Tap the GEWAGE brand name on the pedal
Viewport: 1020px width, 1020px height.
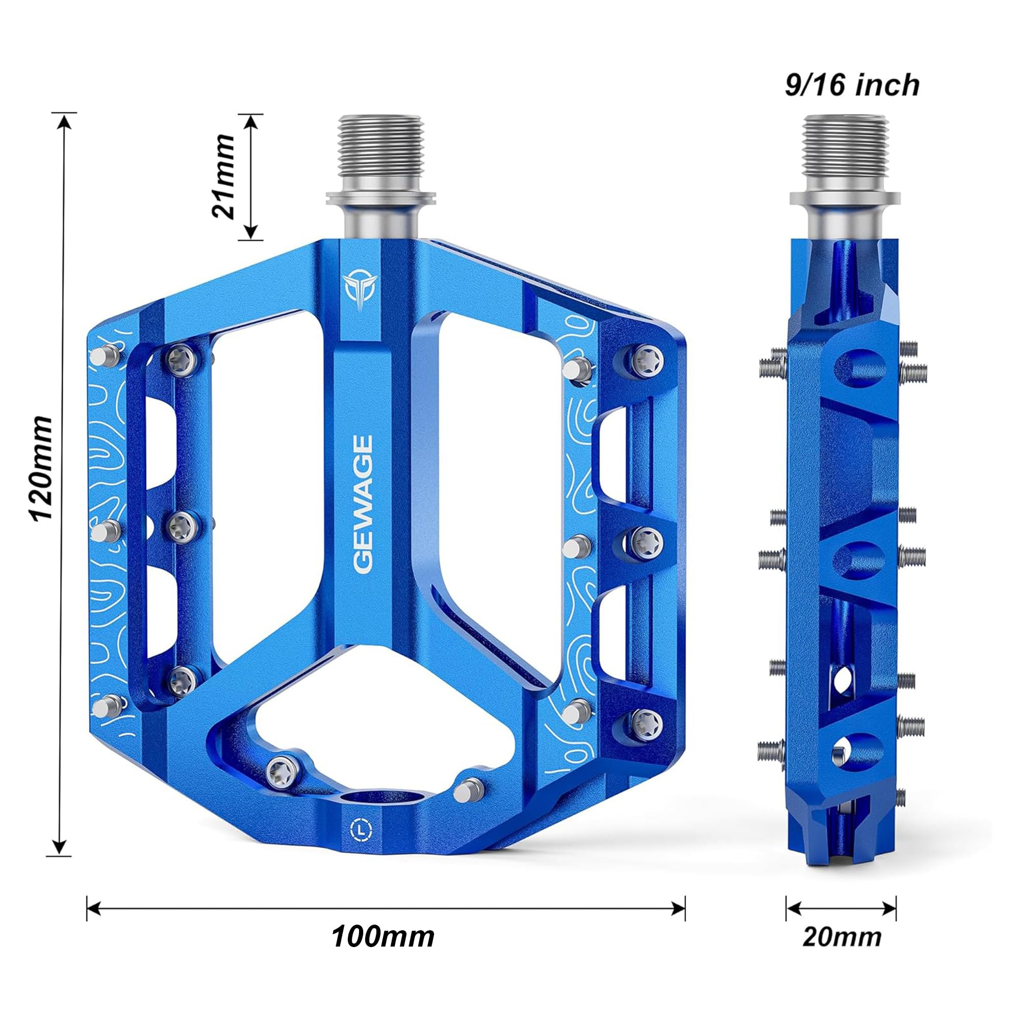point(363,504)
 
